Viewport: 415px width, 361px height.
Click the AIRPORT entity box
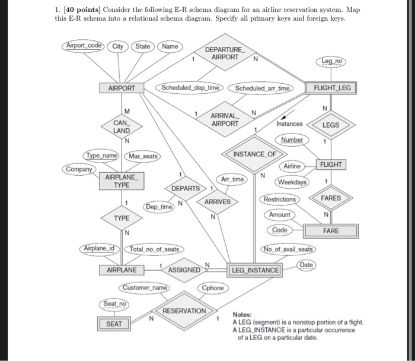click(x=122, y=88)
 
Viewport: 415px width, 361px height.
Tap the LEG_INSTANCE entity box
click(x=256, y=270)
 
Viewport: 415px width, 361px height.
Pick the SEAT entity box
click(x=114, y=324)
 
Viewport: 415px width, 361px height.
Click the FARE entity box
click(x=331, y=230)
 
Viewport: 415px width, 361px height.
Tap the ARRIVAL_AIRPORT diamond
click(x=224, y=119)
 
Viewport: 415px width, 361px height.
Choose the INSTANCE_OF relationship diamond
click(x=255, y=154)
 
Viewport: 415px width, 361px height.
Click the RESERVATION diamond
click(x=184, y=311)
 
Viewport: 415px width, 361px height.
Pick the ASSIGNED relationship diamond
click(x=184, y=270)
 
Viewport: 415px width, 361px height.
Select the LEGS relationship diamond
click(x=331, y=125)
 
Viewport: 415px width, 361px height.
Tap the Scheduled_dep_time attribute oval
click(x=190, y=88)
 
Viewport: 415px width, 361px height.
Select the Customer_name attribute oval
click(x=145, y=288)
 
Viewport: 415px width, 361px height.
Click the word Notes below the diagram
click(x=242, y=315)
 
